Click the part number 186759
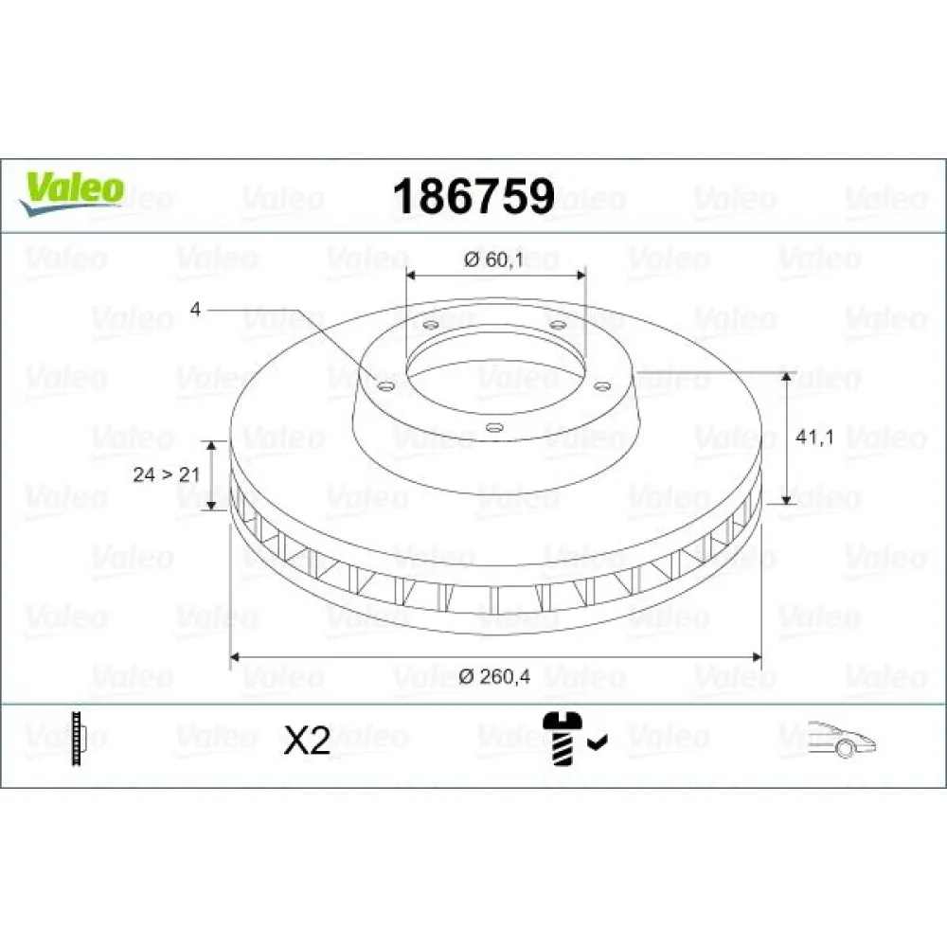(473, 197)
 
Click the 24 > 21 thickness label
(166, 474)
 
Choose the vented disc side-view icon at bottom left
(77, 739)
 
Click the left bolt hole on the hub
(384, 385)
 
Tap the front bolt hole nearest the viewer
(491, 427)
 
